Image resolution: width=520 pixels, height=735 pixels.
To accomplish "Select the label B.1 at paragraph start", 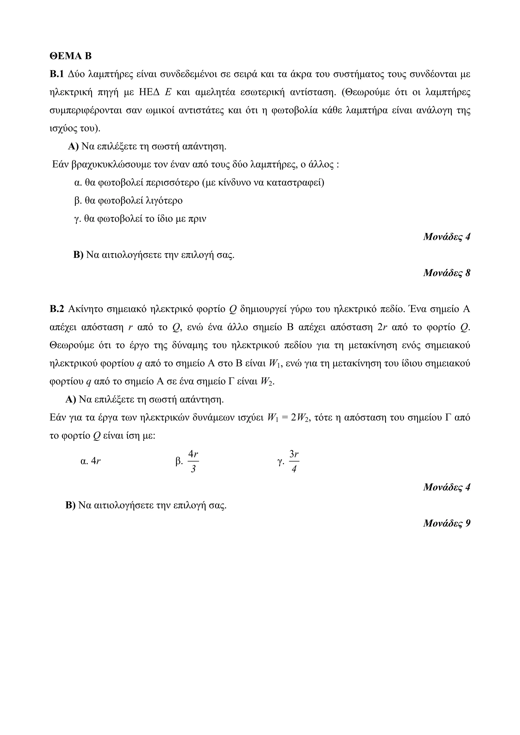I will (57, 75).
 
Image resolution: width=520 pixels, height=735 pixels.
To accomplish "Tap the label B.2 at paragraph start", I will (57, 309).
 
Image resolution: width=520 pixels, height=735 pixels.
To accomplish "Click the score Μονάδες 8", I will (447, 273).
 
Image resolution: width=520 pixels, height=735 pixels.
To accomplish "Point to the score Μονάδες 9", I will (447, 523).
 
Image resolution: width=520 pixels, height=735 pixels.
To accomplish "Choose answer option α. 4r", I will (91, 461).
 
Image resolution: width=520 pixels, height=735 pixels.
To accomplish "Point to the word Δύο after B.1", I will (76, 75).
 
